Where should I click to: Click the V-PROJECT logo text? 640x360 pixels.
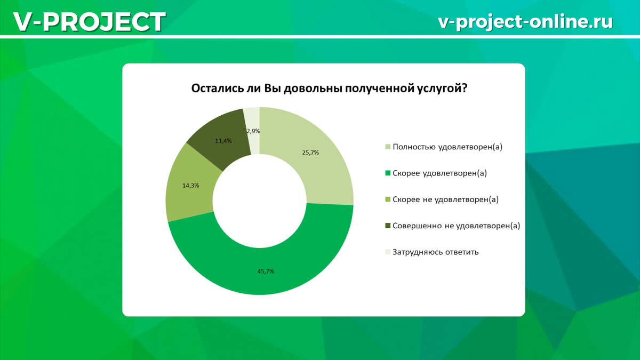coord(90,21)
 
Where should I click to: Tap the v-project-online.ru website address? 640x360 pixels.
coord(525,22)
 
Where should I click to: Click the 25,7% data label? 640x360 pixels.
coord(310,153)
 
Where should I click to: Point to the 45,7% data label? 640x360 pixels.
coord(266,271)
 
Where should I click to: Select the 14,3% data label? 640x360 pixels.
coord(190,186)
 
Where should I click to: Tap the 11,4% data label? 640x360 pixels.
coord(223,141)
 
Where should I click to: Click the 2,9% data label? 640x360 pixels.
coord(253,131)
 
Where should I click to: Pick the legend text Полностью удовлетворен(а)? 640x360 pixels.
coord(447,147)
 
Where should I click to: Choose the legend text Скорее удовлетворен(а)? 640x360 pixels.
coord(439,173)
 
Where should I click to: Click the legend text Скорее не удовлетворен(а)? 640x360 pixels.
coord(446,199)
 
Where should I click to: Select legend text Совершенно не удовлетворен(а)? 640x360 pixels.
coord(457,226)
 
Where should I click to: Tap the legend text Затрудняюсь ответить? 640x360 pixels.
coord(435,252)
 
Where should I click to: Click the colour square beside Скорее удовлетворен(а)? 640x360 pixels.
coord(388,173)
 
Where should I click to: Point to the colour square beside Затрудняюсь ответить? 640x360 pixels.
coord(388,252)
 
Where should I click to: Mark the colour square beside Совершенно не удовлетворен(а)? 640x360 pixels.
coord(388,226)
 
